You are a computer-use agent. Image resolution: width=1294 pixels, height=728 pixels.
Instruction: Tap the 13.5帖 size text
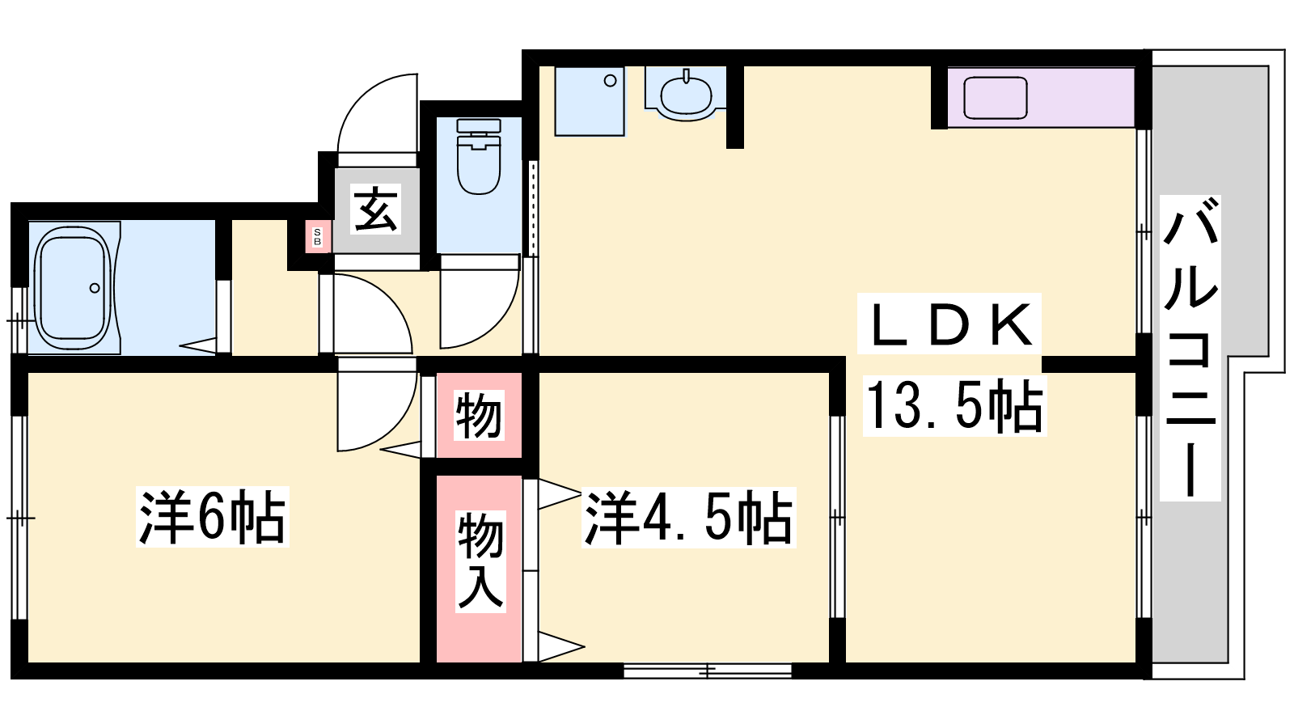pyautogui.click(x=955, y=407)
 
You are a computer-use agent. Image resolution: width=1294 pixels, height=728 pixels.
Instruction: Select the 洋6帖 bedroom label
pyautogui.click(x=212, y=517)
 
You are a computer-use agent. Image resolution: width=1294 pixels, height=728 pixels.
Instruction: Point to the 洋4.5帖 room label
pyautogui.click(x=688, y=518)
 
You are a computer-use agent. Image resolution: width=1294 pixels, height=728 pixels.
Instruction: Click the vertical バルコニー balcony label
pyautogui.click(x=1190, y=348)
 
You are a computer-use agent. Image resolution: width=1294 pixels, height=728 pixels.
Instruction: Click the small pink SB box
pyautogui.click(x=317, y=237)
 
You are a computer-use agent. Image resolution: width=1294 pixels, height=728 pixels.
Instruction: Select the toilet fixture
pyautogui.click(x=478, y=156)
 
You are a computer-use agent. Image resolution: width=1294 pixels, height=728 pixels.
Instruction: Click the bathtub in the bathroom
pyautogui.click(x=74, y=287)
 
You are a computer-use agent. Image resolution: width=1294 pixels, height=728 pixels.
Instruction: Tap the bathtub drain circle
pyautogui.click(x=94, y=288)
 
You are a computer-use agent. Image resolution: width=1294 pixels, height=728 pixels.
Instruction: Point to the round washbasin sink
pyautogui.click(x=686, y=96)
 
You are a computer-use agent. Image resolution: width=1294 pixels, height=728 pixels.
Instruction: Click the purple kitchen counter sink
pyautogui.click(x=995, y=98)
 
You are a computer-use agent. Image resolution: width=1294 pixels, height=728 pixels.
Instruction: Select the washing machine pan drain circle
pyautogui.click(x=610, y=81)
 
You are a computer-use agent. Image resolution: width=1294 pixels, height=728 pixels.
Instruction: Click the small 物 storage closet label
pyautogui.click(x=478, y=415)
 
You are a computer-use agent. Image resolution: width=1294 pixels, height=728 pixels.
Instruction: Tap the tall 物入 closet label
pyautogui.click(x=480, y=561)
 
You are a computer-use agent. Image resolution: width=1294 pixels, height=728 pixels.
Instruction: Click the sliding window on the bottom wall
pyautogui.click(x=708, y=671)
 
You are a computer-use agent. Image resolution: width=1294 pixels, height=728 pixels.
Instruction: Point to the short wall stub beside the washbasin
pyautogui.click(x=734, y=107)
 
